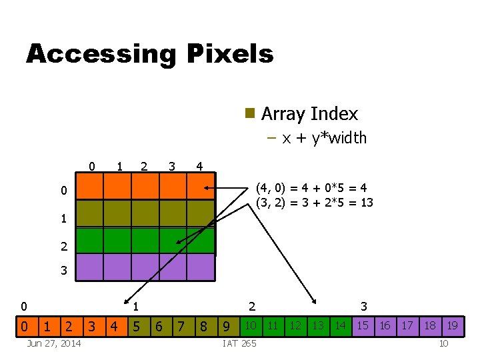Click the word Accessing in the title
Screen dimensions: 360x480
click(100, 54)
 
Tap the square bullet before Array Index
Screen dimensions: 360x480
click(250, 113)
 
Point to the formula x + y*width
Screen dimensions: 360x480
click(324, 138)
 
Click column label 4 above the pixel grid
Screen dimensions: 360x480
click(199, 165)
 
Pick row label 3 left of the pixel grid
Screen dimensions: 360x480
click(63, 271)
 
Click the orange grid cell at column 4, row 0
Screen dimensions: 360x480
click(201, 187)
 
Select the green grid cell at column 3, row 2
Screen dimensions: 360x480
click(173, 241)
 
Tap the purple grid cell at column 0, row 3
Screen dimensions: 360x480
click(90, 267)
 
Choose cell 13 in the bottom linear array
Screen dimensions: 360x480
click(317, 325)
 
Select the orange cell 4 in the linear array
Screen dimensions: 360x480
click(114, 326)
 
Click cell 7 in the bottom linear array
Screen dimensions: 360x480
click(180, 326)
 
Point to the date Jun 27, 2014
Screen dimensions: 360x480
click(53, 343)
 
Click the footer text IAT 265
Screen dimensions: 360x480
click(239, 343)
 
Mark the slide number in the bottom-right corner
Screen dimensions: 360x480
click(443, 343)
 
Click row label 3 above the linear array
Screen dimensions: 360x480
click(364, 307)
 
